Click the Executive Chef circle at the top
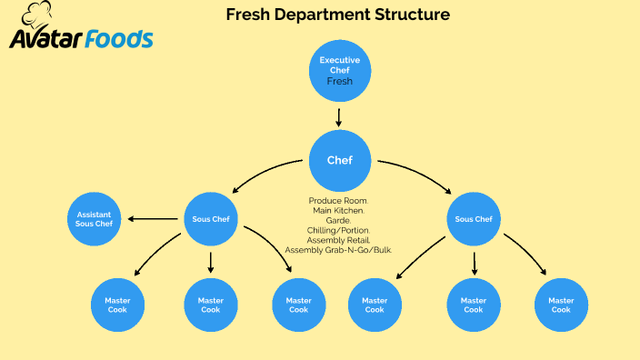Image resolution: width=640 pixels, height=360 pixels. (339, 71)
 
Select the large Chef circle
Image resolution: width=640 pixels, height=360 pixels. (339, 161)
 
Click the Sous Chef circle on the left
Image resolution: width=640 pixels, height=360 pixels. (211, 219)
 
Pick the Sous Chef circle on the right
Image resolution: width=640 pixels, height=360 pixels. (474, 219)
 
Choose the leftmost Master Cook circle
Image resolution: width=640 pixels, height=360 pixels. (117, 305)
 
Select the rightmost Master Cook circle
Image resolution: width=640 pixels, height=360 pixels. (561, 305)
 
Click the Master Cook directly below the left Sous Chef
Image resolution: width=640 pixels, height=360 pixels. (211, 305)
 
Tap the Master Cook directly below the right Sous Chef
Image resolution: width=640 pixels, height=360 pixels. (474, 305)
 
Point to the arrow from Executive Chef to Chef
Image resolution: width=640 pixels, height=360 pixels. (339, 117)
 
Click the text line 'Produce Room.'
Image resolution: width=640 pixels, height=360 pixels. (338, 200)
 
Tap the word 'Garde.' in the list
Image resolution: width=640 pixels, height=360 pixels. (338, 220)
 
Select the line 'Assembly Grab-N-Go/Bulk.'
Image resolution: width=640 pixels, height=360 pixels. (338, 250)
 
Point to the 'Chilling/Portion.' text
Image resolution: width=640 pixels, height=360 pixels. (338, 230)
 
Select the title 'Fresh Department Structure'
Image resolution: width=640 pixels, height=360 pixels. (337, 15)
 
